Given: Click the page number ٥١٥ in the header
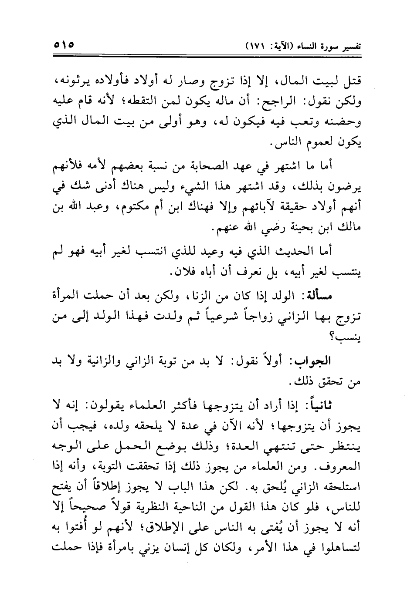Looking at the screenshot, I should (x=64, y=45).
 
